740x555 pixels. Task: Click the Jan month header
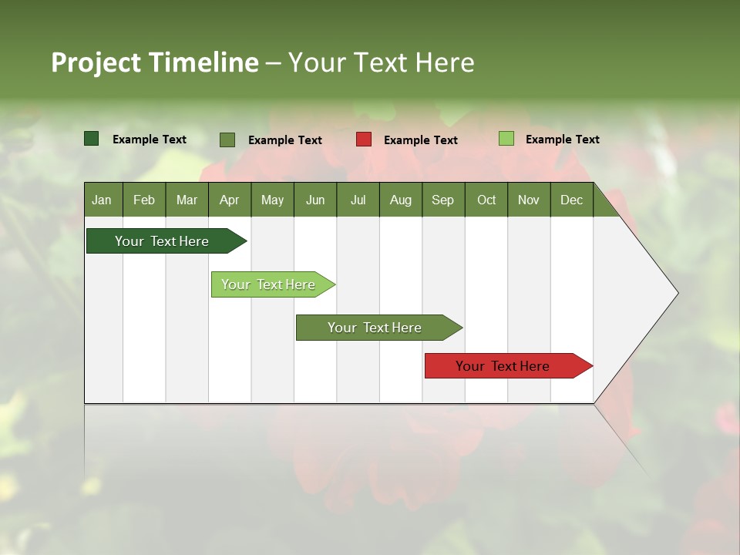[102, 200]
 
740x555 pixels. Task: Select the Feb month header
[144, 200]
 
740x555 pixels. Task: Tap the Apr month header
[229, 200]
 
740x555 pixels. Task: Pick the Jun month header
[315, 200]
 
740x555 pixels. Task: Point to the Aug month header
[400, 200]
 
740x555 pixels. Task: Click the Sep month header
[442, 200]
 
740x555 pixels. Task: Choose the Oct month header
[486, 200]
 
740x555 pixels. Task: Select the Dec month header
[571, 200]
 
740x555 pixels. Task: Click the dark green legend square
[92, 139]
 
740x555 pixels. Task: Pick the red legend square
[364, 140]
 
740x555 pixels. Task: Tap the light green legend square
[506, 139]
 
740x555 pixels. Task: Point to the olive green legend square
[227, 140]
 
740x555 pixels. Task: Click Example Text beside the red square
[420, 140]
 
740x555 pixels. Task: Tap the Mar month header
[187, 200]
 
